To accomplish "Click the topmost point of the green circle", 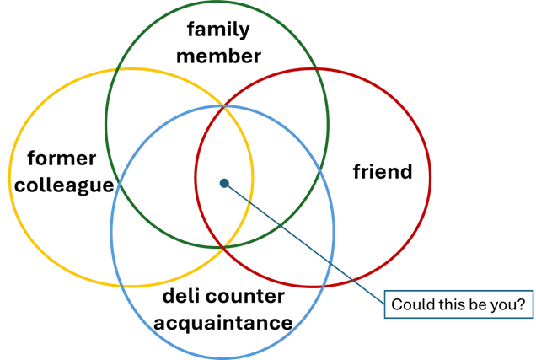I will [x=217, y=3].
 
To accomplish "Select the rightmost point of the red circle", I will [x=431, y=178].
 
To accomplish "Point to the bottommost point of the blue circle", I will [x=222, y=357].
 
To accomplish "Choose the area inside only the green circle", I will [x=217, y=42].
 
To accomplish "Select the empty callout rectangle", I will [x=458, y=304].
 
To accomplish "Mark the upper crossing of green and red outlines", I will [x=317, y=68].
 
